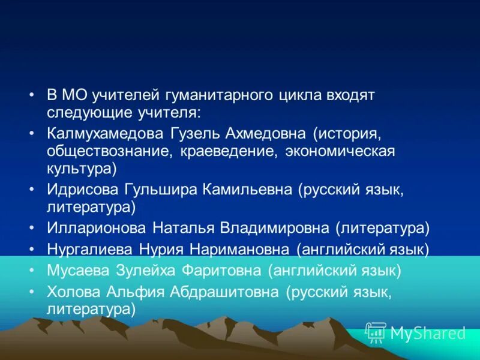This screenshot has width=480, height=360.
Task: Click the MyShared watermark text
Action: tap(428, 333)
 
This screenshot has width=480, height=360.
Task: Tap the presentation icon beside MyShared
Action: tap(376, 332)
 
